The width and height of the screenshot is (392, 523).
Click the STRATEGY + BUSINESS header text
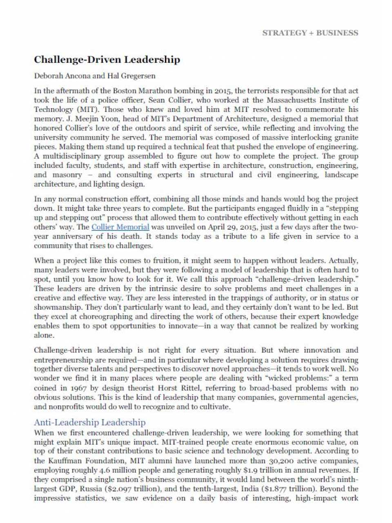click(310, 33)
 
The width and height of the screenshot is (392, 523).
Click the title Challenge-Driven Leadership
click(107, 60)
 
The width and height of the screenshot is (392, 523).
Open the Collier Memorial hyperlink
click(120, 227)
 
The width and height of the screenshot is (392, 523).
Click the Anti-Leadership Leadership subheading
click(89, 422)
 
